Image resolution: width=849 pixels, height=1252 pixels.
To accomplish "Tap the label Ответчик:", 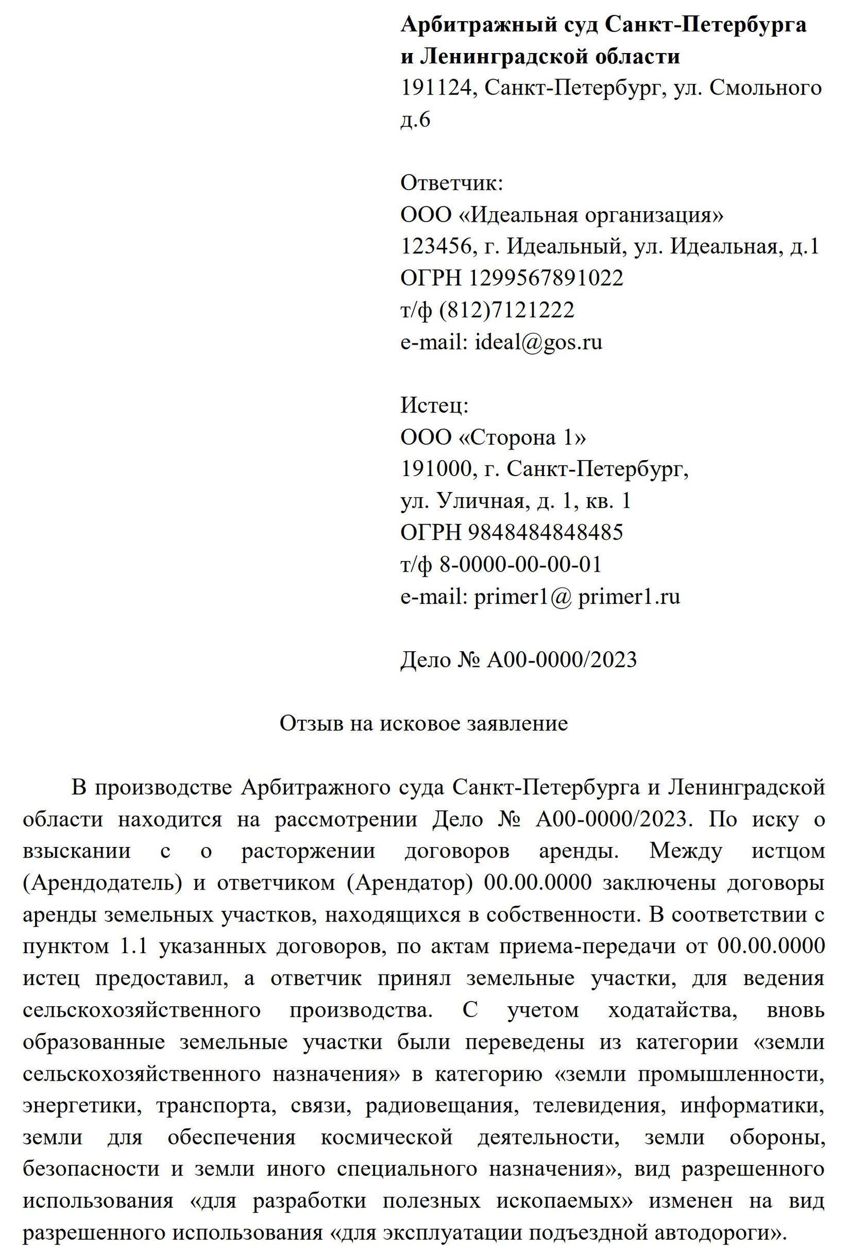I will (x=452, y=183).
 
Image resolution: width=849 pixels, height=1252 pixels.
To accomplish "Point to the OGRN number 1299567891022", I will (x=546, y=278).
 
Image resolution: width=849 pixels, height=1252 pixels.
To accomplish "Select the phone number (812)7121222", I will (x=507, y=310).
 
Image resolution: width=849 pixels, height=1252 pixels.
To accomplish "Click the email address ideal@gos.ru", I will (x=538, y=342).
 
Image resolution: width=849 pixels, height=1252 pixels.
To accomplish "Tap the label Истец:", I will (x=434, y=405).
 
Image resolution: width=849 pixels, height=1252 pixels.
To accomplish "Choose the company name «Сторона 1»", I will (x=522, y=437).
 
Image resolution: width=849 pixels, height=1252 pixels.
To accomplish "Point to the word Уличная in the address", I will (x=480, y=501).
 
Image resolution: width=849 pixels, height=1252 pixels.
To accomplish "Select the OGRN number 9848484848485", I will (x=545, y=532).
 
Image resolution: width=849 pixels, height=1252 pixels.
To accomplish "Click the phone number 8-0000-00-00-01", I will (x=521, y=564).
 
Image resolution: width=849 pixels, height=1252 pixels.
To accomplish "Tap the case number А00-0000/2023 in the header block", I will (x=561, y=659).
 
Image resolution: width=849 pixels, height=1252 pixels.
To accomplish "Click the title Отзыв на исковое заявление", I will (x=423, y=723).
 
